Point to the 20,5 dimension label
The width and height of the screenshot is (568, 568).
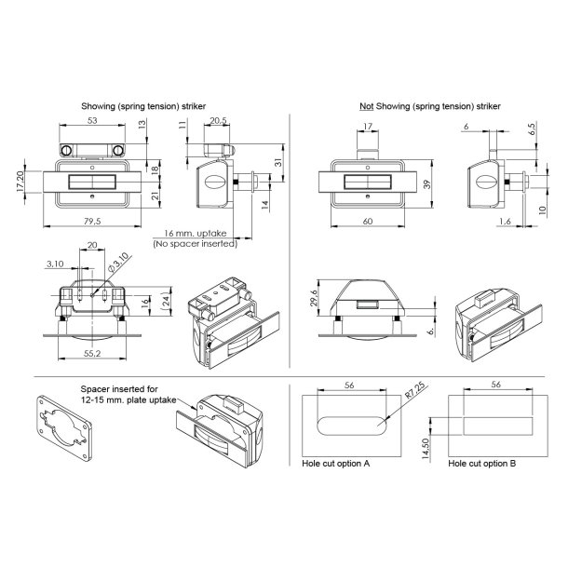point(219,120)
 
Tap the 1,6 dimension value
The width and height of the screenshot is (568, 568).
point(504,220)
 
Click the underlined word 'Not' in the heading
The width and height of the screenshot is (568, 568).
point(367,107)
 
